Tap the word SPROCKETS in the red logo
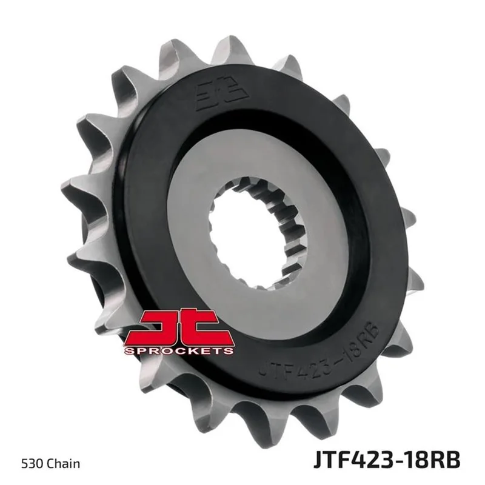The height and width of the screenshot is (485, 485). pos(179,351)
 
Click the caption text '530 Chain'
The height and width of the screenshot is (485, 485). pos(50,463)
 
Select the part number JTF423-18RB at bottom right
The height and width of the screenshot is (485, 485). pos(387,460)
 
